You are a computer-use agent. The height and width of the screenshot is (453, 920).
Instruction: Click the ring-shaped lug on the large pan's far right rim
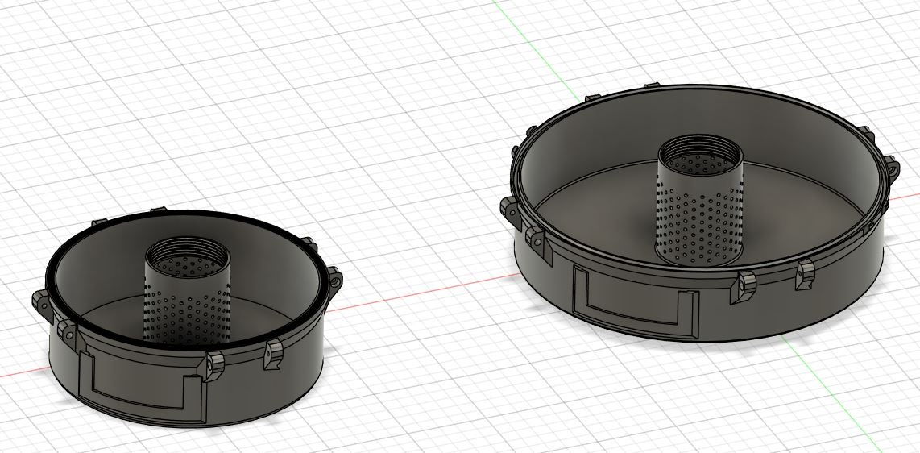point(894,169)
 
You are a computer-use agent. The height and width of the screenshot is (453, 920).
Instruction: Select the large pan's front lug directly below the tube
point(746,285)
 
